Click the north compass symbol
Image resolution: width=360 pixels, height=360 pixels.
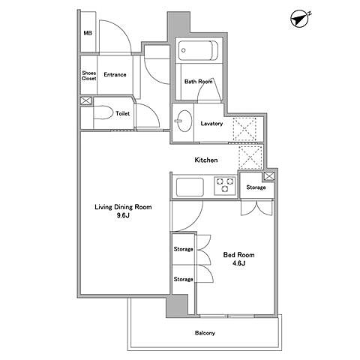coord(300,18)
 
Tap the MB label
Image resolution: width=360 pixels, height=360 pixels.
coord(88,33)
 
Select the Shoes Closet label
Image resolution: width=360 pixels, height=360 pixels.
coord(89,76)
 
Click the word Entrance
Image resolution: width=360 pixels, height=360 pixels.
coord(115,74)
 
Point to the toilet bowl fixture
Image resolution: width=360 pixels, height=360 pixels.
coord(103,113)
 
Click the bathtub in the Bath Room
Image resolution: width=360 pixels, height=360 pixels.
coord(198,50)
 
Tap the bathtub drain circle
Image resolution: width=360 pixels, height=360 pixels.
coord(184,50)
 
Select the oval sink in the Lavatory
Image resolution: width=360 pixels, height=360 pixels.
coord(184,121)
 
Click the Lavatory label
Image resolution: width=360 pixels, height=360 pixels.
coord(211,124)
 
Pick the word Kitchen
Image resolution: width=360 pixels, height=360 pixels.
coord(206,160)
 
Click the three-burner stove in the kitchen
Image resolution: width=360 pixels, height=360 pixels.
coord(225,185)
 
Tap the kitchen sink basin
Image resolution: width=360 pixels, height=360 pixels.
coord(190,187)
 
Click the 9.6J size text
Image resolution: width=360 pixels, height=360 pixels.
coord(123,215)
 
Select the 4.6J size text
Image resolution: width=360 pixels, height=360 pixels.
coord(238,263)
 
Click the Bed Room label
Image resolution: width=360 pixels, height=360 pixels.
coord(238,255)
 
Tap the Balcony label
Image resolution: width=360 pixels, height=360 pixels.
coord(205,333)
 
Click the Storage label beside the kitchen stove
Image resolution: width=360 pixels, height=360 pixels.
coord(256,187)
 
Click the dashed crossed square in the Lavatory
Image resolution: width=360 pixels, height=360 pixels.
coord(244,129)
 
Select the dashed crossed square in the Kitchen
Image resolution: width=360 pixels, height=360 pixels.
coord(250,157)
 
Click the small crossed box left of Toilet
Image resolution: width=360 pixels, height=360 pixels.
coord(86,101)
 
